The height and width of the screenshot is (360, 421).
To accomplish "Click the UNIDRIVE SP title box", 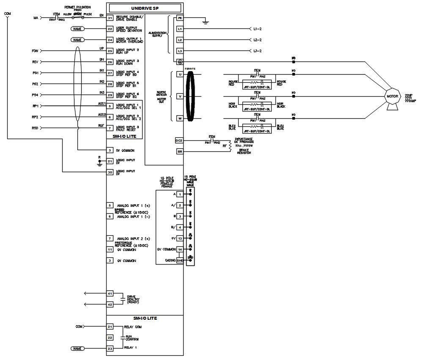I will (146, 8).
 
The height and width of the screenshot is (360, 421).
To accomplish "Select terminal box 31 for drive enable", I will (110, 18).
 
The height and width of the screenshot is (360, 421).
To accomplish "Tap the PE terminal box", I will (180, 18).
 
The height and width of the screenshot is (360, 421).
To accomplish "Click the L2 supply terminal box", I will (180, 40).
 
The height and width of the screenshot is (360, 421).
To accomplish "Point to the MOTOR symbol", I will (392, 97).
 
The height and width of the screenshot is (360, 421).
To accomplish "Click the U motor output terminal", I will (180, 75).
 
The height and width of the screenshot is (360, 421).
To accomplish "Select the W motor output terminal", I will (180, 119).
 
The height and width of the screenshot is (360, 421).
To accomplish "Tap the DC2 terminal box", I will (179, 140).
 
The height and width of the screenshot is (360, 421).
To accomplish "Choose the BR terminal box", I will (179, 151).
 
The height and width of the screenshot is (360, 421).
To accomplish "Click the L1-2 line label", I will (257, 29).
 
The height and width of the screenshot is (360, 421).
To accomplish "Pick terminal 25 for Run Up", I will (110, 51).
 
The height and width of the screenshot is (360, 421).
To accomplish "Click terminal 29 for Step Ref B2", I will (110, 95).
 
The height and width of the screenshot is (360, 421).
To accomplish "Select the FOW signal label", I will (36, 51).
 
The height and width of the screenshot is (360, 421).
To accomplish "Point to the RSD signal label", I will (36, 128).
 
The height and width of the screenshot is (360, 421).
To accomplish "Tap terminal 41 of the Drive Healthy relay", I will (110, 293).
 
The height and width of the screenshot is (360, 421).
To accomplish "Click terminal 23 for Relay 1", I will (110, 348).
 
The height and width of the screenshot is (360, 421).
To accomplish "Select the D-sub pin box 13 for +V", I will (180, 238).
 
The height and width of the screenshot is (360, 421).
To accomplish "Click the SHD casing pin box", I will (180, 260).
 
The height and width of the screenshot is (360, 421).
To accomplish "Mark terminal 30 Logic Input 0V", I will (110, 172).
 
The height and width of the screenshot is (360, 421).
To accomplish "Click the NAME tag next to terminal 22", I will (77, 29).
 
